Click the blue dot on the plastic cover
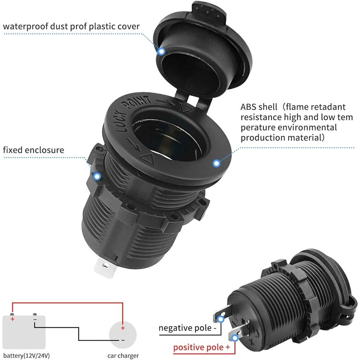point(161,51)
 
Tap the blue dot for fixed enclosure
point(97,176)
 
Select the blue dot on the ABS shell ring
point(216,163)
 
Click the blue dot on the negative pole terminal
point(221,319)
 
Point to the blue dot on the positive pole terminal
point(235,338)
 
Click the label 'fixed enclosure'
point(33,150)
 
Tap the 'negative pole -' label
point(188,328)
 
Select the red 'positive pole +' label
point(202,347)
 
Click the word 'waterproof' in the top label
point(26,27)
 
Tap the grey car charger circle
point(123,335)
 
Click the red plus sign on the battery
point(12,319)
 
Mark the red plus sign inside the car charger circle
point(123,328)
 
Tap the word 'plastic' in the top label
point(102,27)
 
